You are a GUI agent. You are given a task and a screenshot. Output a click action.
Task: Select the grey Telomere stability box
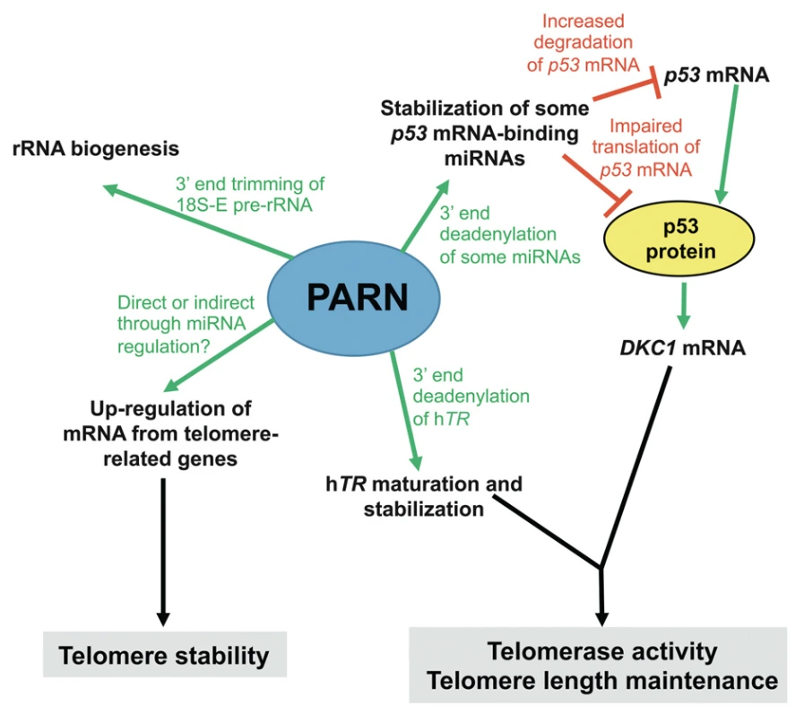pyautogui.click(x=163, y=656)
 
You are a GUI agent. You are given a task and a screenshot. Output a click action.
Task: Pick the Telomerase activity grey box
pyautogui.click(x=602, y=665)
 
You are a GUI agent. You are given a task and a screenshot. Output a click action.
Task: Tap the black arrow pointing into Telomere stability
pyautogui.click(x=163, y=547)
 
